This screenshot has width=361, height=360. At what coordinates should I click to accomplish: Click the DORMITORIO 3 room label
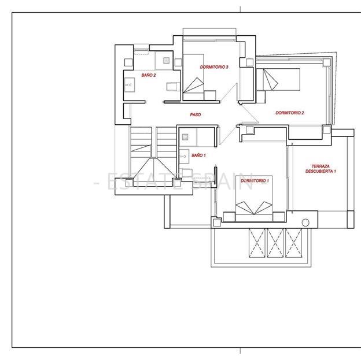click(214, 67)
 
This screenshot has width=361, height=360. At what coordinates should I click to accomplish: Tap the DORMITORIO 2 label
click(290, 113)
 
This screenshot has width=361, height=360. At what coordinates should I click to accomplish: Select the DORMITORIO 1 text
click(255, 180)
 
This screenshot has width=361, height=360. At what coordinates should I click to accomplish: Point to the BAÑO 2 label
click(149, 75)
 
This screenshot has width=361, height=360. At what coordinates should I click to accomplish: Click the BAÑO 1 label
click(198, 155)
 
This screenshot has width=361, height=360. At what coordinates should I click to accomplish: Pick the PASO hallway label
click(195, 114)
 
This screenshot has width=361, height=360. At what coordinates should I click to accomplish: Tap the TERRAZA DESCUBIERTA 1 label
click(321, 169)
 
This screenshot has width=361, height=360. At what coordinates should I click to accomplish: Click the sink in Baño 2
click(130, 85)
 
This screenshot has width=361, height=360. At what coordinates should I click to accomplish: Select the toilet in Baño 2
click(173, 87)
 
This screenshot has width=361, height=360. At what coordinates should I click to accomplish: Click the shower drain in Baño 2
click(166, 61)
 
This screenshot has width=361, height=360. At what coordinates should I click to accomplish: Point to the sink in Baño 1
click(184, 157)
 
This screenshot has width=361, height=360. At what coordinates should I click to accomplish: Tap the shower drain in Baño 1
click(185, 137)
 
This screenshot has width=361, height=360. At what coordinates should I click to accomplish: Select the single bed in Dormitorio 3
click(193, 77)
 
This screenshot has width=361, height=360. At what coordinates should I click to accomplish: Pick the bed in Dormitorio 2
click(278, 80)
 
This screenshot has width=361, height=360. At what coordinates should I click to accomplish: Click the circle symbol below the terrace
click(305, 222)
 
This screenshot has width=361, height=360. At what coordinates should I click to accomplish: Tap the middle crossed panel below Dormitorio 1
click(275, 243)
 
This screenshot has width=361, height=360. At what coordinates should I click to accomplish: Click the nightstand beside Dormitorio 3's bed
click(210, 95)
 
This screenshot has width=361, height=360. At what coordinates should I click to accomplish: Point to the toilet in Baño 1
click(186, 173)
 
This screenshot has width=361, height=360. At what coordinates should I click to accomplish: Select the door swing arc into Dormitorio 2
click(250, 114)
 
